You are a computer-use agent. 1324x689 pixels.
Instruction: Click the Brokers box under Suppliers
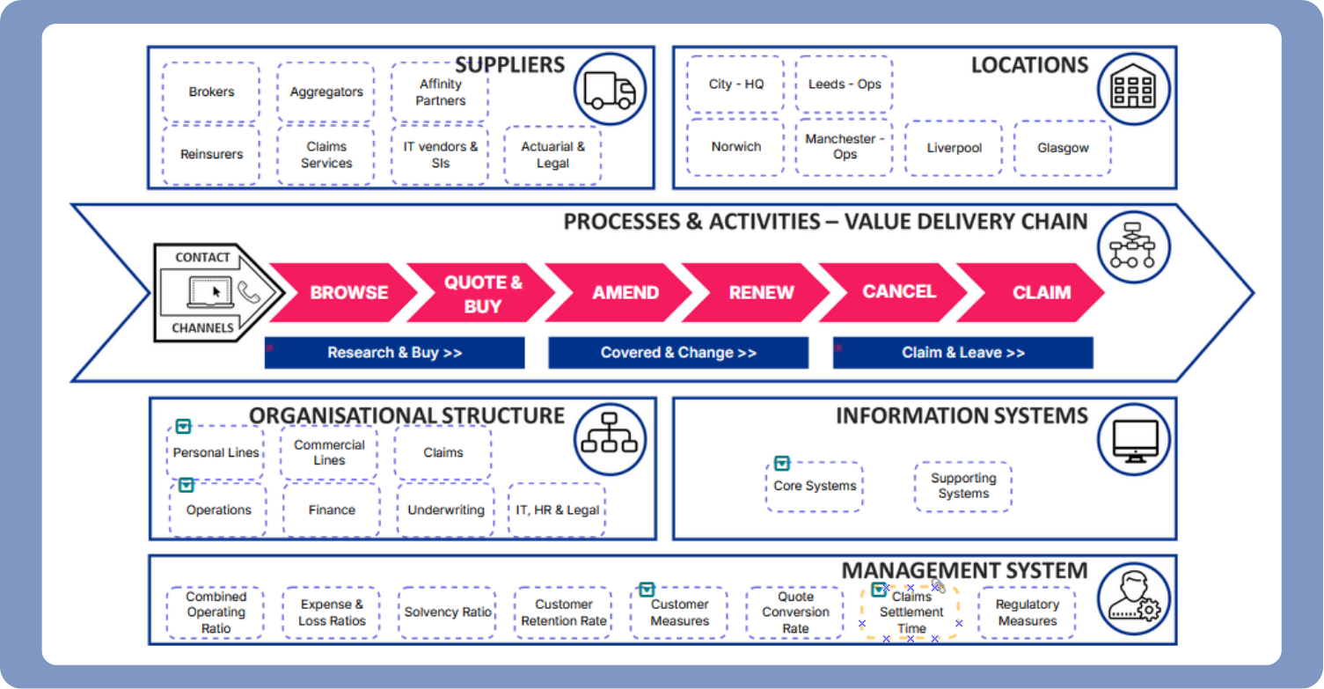(x=211, y=92)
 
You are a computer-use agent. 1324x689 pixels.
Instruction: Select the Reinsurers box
(x=211, y=154)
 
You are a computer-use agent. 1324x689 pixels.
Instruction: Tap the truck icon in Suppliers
(x=610, y=90)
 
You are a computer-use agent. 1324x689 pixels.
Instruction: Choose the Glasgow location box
(x=1062, y=148)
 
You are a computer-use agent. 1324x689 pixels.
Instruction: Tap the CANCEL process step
(x=898, y=292)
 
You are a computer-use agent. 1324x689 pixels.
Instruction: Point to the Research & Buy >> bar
(x=394, y=353)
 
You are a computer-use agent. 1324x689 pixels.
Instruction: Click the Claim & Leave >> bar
(x=962, y=353)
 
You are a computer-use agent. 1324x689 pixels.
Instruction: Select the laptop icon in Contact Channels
(x=208, y=292)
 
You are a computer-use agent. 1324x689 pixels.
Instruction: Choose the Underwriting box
(x=445, y=509)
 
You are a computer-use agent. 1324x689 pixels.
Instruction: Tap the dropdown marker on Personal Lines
(x=183, y=427)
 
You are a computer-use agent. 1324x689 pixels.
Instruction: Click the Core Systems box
(x=814, y=486)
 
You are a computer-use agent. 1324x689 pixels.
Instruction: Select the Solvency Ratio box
(x=447, y=612)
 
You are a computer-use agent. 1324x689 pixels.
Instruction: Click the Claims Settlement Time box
(x=911, y=612)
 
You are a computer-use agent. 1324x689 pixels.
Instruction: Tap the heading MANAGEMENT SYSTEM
(x=964, y=571)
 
